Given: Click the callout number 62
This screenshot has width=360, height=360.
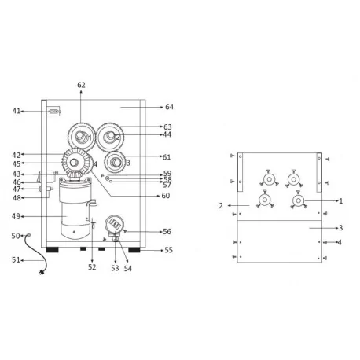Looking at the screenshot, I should pos(81,84).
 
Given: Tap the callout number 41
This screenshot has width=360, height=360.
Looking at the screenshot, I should pos(17,112).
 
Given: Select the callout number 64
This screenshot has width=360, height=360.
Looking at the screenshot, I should pos(169,105).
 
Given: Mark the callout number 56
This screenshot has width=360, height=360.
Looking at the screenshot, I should pos(167,231).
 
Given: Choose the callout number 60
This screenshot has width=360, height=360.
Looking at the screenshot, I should pos(165,195).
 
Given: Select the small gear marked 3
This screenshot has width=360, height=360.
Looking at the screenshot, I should pos(116,163).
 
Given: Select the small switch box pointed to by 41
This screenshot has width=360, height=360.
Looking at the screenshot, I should pos(53,112).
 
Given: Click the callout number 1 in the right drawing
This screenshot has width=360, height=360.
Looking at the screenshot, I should pos(340,201).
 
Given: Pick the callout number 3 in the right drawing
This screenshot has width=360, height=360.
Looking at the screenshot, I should pos(340,228).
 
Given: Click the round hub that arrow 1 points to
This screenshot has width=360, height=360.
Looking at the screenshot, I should pos(300,201).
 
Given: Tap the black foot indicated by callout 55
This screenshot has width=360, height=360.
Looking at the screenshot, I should pos(134,250).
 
